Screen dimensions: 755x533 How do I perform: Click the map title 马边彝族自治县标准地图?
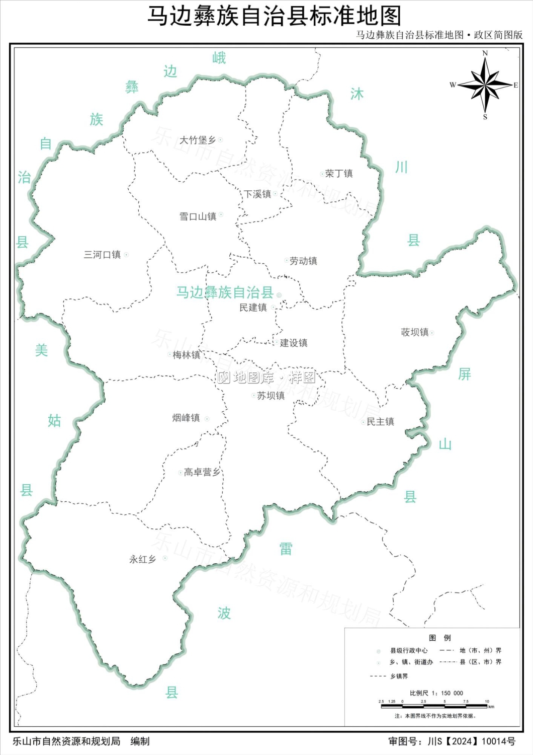click(x=274, y=16)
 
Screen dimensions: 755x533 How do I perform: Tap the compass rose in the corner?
click(x=485, y=85)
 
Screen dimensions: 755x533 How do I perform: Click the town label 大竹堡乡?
click(x=198, y=140)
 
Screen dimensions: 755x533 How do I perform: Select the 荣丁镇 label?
click(x=339, y=174)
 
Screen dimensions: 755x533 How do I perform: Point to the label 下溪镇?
click(x=257, y=194)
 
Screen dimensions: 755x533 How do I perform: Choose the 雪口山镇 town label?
click(x=198, y=216)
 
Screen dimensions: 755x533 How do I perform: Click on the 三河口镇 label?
click(x=102, y=255)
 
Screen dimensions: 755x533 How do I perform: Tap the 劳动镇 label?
click(x=303, y=261)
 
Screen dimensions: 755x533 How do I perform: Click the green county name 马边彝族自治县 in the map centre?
click(x=224, y=292)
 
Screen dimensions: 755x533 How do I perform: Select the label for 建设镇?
click(x=294, y=343)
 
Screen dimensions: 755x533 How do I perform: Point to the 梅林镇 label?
click(x=186, y=355)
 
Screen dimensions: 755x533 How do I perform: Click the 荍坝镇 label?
click(x=414, y=332)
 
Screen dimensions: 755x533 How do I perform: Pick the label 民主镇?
click(x=380, y=422)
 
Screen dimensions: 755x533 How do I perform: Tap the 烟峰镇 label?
click(x=186, y=418)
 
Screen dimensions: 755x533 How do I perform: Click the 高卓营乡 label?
click(x=202, y=472)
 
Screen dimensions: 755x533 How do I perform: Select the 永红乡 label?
click(x=142, y=559)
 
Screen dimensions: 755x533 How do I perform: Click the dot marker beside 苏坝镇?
click(x=254, y=396)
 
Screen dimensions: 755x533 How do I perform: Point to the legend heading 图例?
click(x=440, y=638)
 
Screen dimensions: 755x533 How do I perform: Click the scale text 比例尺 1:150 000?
click(x=436, y=693)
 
